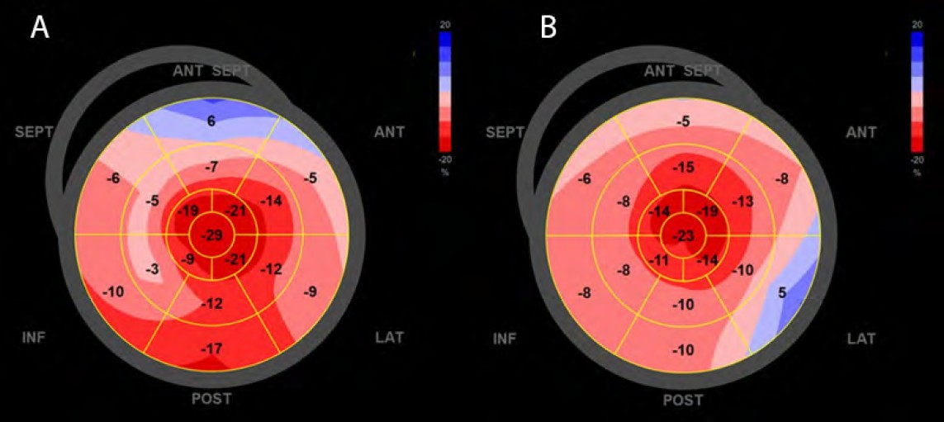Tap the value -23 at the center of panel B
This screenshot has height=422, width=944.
click(x=683, y=237)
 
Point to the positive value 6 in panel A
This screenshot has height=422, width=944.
click(x=211, y=121)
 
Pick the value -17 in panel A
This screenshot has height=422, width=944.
click(x=211, y=349)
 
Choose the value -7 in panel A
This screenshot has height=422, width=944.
click(x=211, y=168)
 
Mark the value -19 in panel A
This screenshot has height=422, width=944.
click(x=190, y=210)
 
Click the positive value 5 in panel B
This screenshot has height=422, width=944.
click(x=780, y=292)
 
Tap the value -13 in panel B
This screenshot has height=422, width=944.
click(x=743, y=202)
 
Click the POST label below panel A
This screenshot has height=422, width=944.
click(x=211, y=400)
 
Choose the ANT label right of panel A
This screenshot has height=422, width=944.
click(x=389, y=132)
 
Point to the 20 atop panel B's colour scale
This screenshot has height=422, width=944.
click(x=917, y=26)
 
